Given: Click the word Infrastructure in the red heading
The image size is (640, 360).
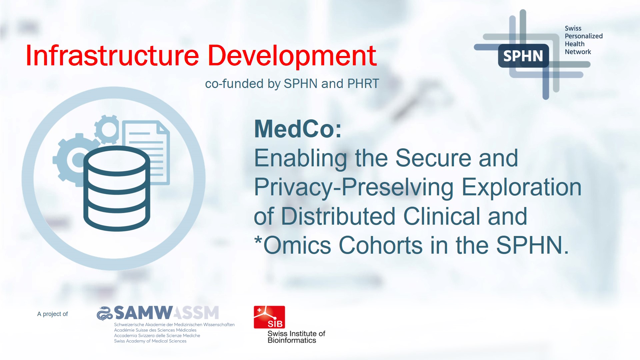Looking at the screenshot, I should (x=112, y=56).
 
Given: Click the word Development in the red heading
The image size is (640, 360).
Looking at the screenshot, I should (x=292, y=56).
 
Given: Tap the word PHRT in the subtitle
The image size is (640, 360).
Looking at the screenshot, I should (x=363, y=84).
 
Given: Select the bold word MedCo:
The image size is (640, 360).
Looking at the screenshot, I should (x=298, y=129).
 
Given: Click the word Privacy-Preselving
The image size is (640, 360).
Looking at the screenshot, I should (x=354, y=187).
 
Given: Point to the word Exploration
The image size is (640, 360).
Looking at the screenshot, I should (x=522, y=187).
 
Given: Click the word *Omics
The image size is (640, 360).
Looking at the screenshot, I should (x=292, y=245).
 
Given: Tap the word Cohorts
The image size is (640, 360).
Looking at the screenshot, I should (x=381, y=245).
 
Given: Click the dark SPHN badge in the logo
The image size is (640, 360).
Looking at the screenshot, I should (x=523, y=56).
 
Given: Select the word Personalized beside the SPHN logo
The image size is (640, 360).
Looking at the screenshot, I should (x=583, y=36).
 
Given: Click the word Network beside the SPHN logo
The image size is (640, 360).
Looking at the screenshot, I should (x=578, y=52).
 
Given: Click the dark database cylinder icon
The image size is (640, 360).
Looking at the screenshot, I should (x=116, y=188).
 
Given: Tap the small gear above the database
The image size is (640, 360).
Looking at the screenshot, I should (x=107, y=129).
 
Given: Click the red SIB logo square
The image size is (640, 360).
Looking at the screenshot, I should (x=269, y=317).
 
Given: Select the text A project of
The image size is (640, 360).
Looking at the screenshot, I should (x=52, y=314).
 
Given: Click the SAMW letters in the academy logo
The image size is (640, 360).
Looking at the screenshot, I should (x=143, y=313).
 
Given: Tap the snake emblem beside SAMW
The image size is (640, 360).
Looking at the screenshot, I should (x=104, y=313).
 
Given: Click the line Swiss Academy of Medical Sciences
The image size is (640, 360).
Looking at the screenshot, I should (x=150, y=341).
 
